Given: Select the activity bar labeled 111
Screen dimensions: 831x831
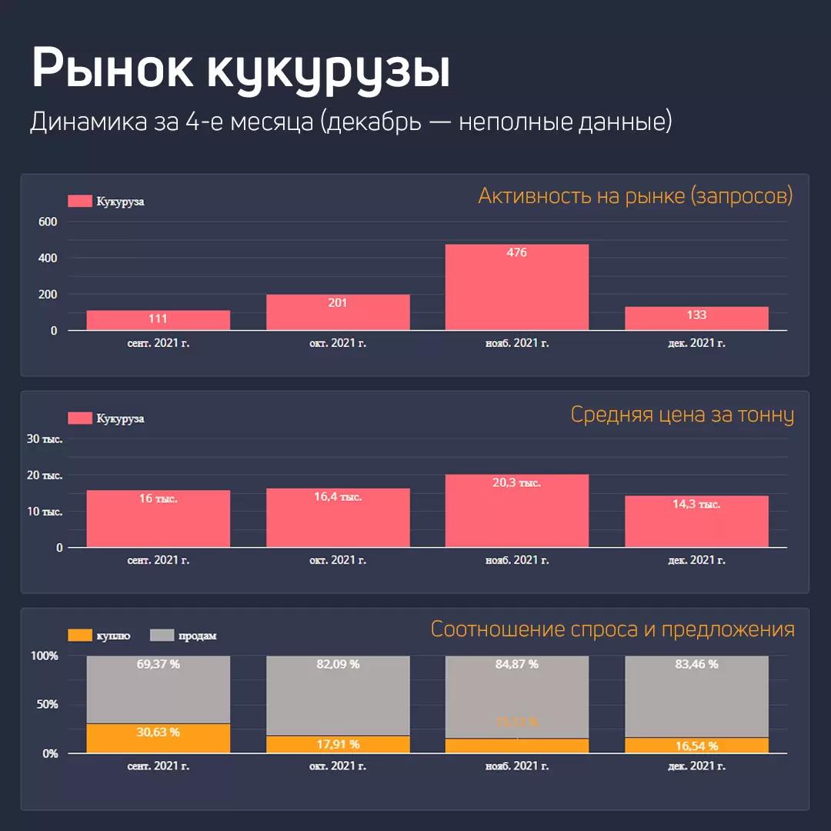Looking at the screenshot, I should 159,320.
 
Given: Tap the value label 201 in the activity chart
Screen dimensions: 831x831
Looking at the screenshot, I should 338,303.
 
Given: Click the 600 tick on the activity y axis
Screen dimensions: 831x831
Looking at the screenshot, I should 48,222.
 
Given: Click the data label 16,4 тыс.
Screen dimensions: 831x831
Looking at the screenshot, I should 338,497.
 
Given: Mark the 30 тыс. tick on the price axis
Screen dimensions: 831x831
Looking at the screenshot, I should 45,439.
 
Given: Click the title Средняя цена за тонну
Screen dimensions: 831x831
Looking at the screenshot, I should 682,415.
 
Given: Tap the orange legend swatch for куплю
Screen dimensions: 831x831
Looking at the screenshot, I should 80,636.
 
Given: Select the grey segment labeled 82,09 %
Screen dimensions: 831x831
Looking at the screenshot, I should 338,692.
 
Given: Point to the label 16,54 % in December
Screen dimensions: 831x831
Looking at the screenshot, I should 696,746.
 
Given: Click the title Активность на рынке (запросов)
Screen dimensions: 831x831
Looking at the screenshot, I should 635,196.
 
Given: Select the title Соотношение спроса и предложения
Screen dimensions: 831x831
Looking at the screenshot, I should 612,629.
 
